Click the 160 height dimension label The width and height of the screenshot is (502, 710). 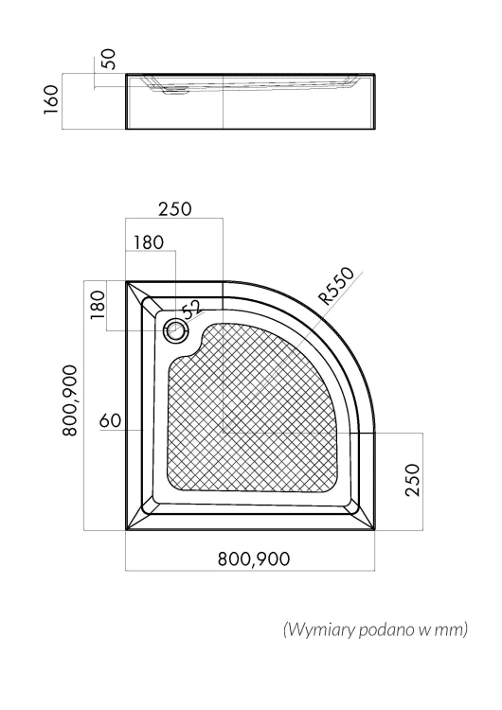[52, 99]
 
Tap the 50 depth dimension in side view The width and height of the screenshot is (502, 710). [109, 60]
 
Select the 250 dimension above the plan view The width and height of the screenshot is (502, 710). [175, 209]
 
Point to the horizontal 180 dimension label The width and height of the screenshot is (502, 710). [149, 242]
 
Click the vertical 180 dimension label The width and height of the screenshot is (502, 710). [98, 305]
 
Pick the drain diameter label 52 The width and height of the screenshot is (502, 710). [192, 310]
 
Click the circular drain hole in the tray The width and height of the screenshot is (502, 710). [175, 330]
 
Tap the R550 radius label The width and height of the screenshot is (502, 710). [336, 286]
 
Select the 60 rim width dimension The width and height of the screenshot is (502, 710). [111, 420]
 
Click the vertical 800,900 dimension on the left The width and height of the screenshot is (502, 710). [70, 400]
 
